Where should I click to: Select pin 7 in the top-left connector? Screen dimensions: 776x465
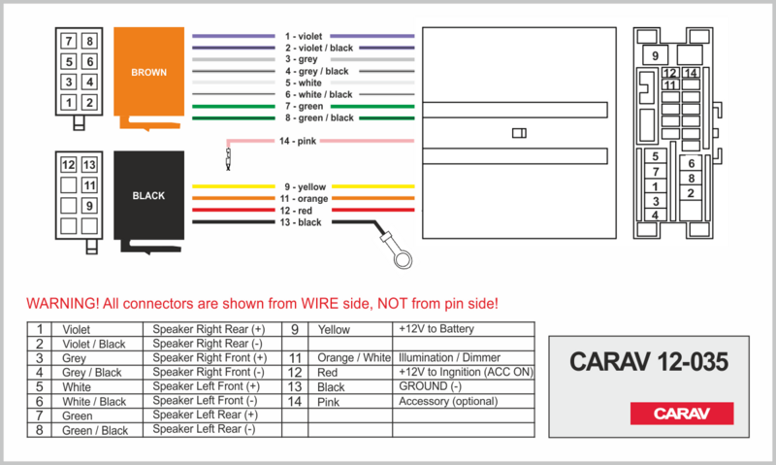[x=69, y=41]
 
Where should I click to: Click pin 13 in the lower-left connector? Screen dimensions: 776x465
[x=89, y=165]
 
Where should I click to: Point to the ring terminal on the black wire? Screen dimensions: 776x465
[x=402, y=259]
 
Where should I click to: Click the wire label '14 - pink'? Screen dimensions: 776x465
[x=298, y=141]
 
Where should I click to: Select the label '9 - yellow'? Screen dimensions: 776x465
[x=305, y=187]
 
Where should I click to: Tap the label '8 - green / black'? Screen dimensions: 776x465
[x=319, y=117]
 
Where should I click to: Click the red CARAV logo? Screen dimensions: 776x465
[x=682, y=414]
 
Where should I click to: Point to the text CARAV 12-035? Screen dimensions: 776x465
[x=649, y=362]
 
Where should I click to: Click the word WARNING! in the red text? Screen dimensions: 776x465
[x=63, y=303]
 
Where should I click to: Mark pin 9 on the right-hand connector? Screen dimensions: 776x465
[x=656, y=55]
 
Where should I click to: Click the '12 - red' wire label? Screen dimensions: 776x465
[x=296, y=211]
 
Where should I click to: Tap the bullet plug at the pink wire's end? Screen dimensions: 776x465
[x=228, y=158]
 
